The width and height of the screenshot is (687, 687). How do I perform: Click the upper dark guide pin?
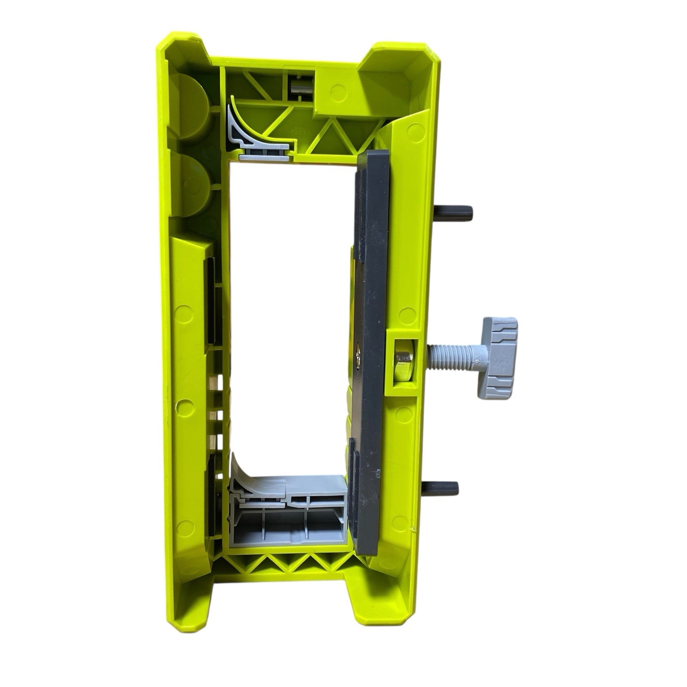pyautogui.click(x=453, y=212)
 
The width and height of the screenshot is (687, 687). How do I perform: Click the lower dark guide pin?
pyautogui.click(x=440, y=488)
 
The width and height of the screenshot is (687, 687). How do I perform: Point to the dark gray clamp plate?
pyautogui.click(x=373, y=301)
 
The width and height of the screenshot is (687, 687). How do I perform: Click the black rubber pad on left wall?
pyautogui.click(x=212, y=301)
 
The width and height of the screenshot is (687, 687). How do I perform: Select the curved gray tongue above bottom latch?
pyautogui.click(x=249, y=477)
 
